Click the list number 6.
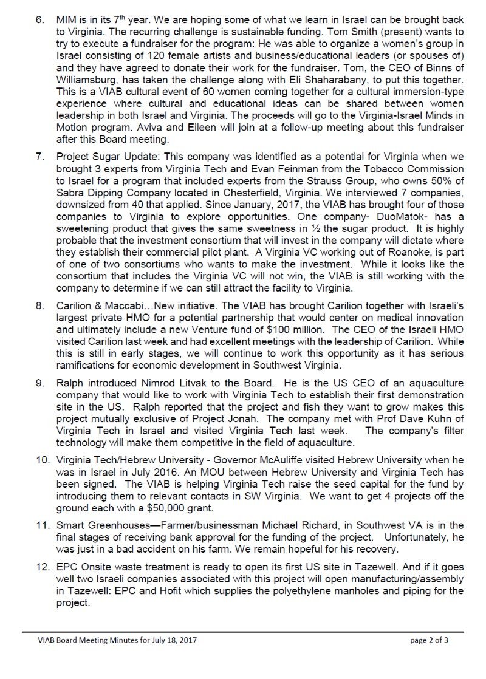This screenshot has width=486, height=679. coord(39,19)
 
